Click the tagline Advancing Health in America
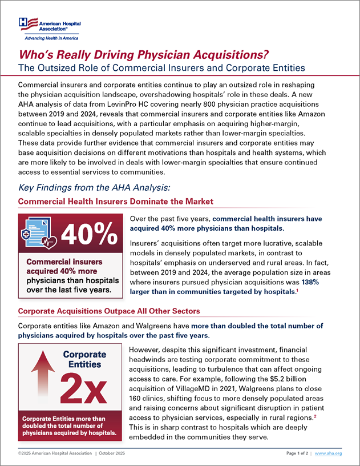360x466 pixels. [x=50, y=38]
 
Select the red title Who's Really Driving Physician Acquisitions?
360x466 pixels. [x=144, y=55]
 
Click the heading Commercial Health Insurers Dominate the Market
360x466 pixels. [x=115, y=202]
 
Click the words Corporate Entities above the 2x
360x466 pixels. [x=85, y=359]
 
